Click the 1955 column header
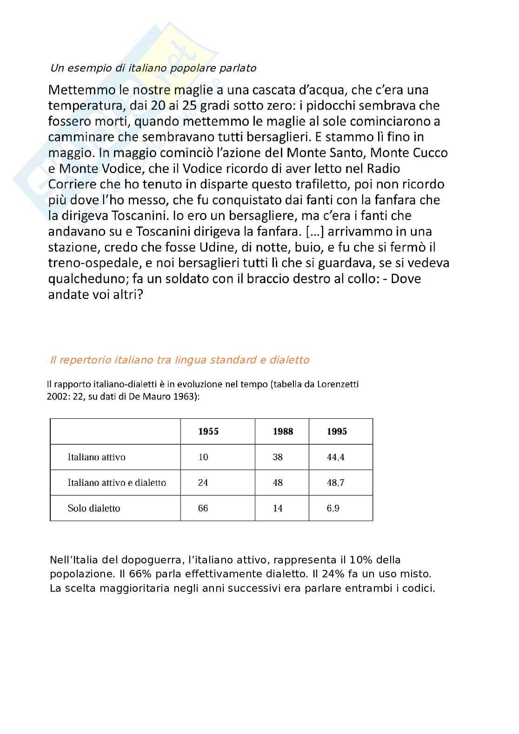click(x=208, y=431)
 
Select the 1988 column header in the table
click(x=283, y=431)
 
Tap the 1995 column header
click(x=337, y=431)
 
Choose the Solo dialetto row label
click(x=94, y=508)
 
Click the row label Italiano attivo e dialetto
click(x=117, y=483)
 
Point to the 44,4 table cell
click(x=335, y=457)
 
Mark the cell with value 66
click(x=203, y=508)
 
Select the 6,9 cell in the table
click(x=333, y=508)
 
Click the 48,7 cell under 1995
click(x=335, y=483)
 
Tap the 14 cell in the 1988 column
click(x=278, y=508)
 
